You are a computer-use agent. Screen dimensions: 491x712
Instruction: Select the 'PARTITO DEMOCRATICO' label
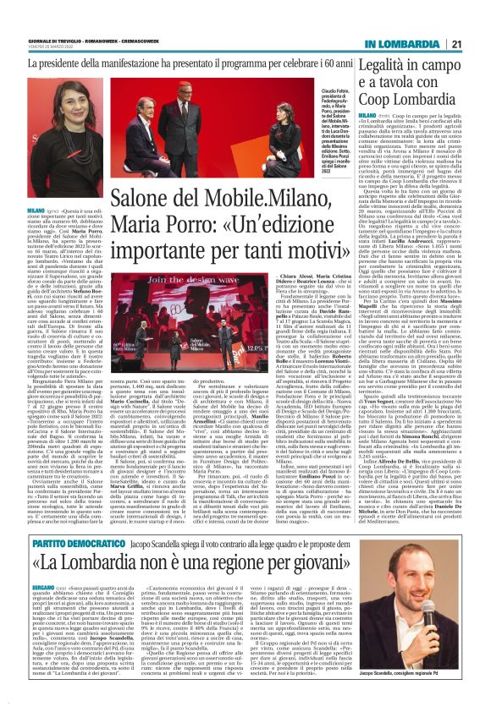[53, 519]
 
